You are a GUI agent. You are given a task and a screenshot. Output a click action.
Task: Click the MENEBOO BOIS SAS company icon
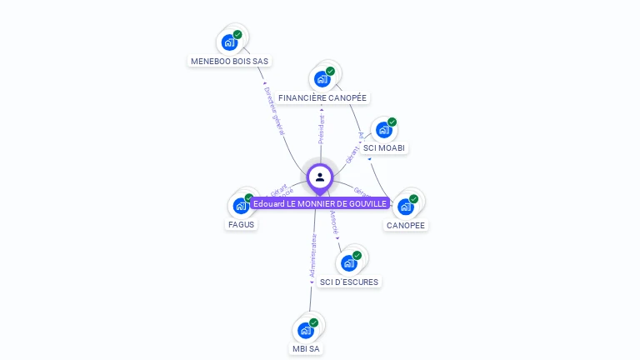click(229, 42)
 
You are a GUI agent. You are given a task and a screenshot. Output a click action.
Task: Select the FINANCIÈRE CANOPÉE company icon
click(322, 79)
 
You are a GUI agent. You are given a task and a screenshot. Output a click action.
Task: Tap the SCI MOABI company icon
click(383, 130)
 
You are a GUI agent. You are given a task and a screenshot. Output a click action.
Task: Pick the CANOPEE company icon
click(406, 206)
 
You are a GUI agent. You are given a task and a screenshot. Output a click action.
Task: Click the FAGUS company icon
click(241, 206)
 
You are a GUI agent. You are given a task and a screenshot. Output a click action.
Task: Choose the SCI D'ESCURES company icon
click(349, 263)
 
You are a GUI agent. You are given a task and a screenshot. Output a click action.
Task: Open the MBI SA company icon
click(306, 330)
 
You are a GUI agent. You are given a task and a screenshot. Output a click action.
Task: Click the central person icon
click(320, 177)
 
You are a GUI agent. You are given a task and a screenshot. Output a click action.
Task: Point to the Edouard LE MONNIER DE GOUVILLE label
click(320, 203)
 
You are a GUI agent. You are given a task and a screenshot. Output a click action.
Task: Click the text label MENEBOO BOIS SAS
click(230, 61)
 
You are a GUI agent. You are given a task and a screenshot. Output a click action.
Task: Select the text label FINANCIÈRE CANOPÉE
click(322, 97)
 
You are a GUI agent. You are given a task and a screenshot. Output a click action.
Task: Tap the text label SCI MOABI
click(384, 148)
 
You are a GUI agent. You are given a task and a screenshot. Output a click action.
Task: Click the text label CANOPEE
click(406, 225)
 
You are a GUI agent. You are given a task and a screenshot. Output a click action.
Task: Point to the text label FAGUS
click(241, 224)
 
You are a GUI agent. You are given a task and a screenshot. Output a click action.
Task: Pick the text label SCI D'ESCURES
click(349, 282)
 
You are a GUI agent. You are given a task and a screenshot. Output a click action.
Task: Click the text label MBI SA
click(306, 348)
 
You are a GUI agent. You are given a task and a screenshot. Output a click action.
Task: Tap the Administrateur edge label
click(312, 255)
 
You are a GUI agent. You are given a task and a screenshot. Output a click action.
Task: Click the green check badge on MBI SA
click(314, 322)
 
